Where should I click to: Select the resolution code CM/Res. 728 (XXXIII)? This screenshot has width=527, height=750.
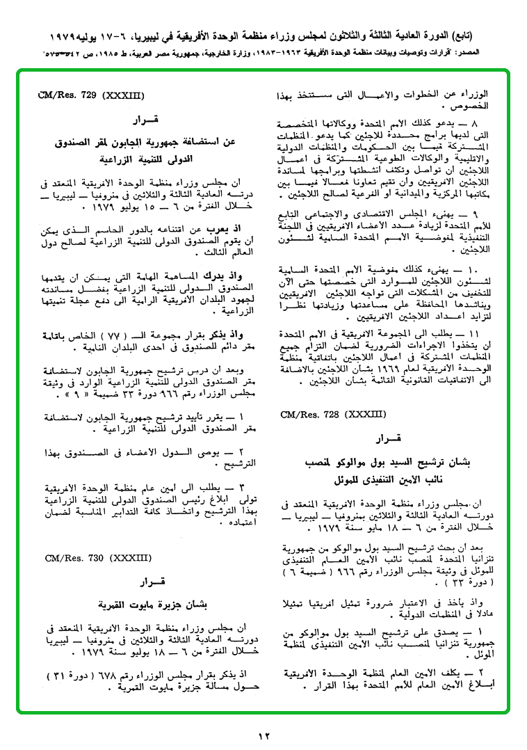point(333,415)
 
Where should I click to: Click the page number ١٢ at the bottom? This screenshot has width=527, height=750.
point(263,736)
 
